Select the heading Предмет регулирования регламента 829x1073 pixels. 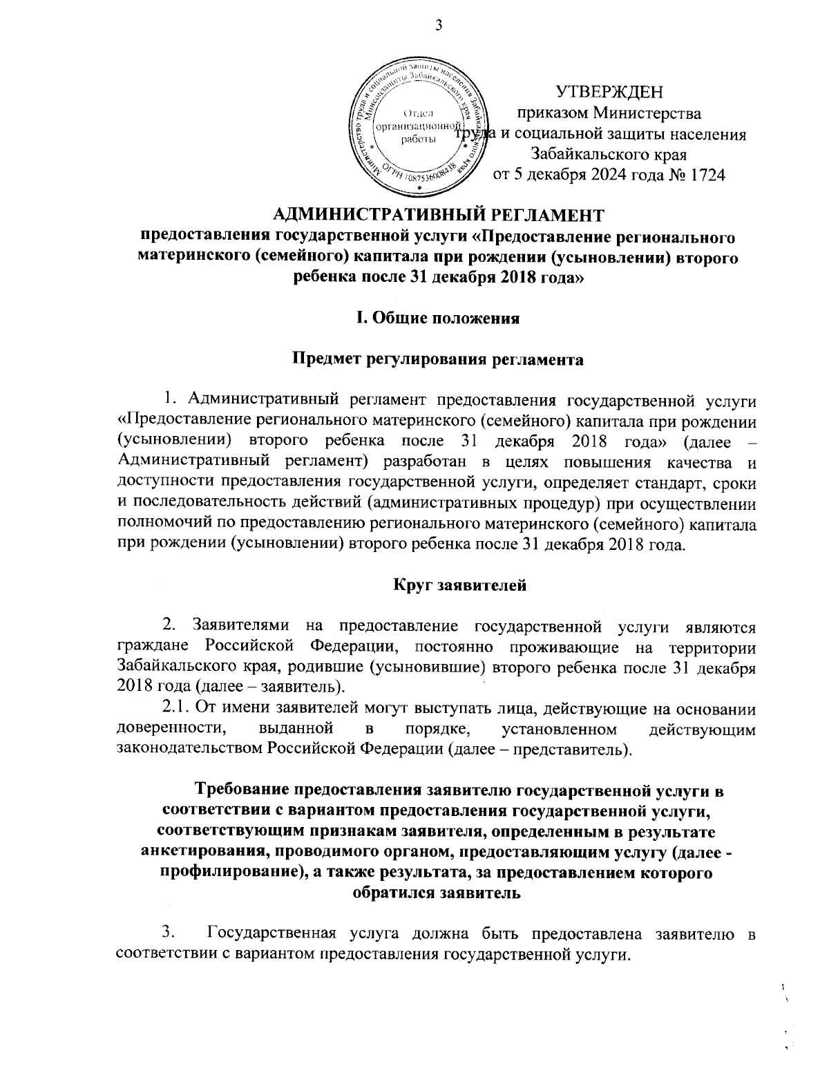coord(436,359)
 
